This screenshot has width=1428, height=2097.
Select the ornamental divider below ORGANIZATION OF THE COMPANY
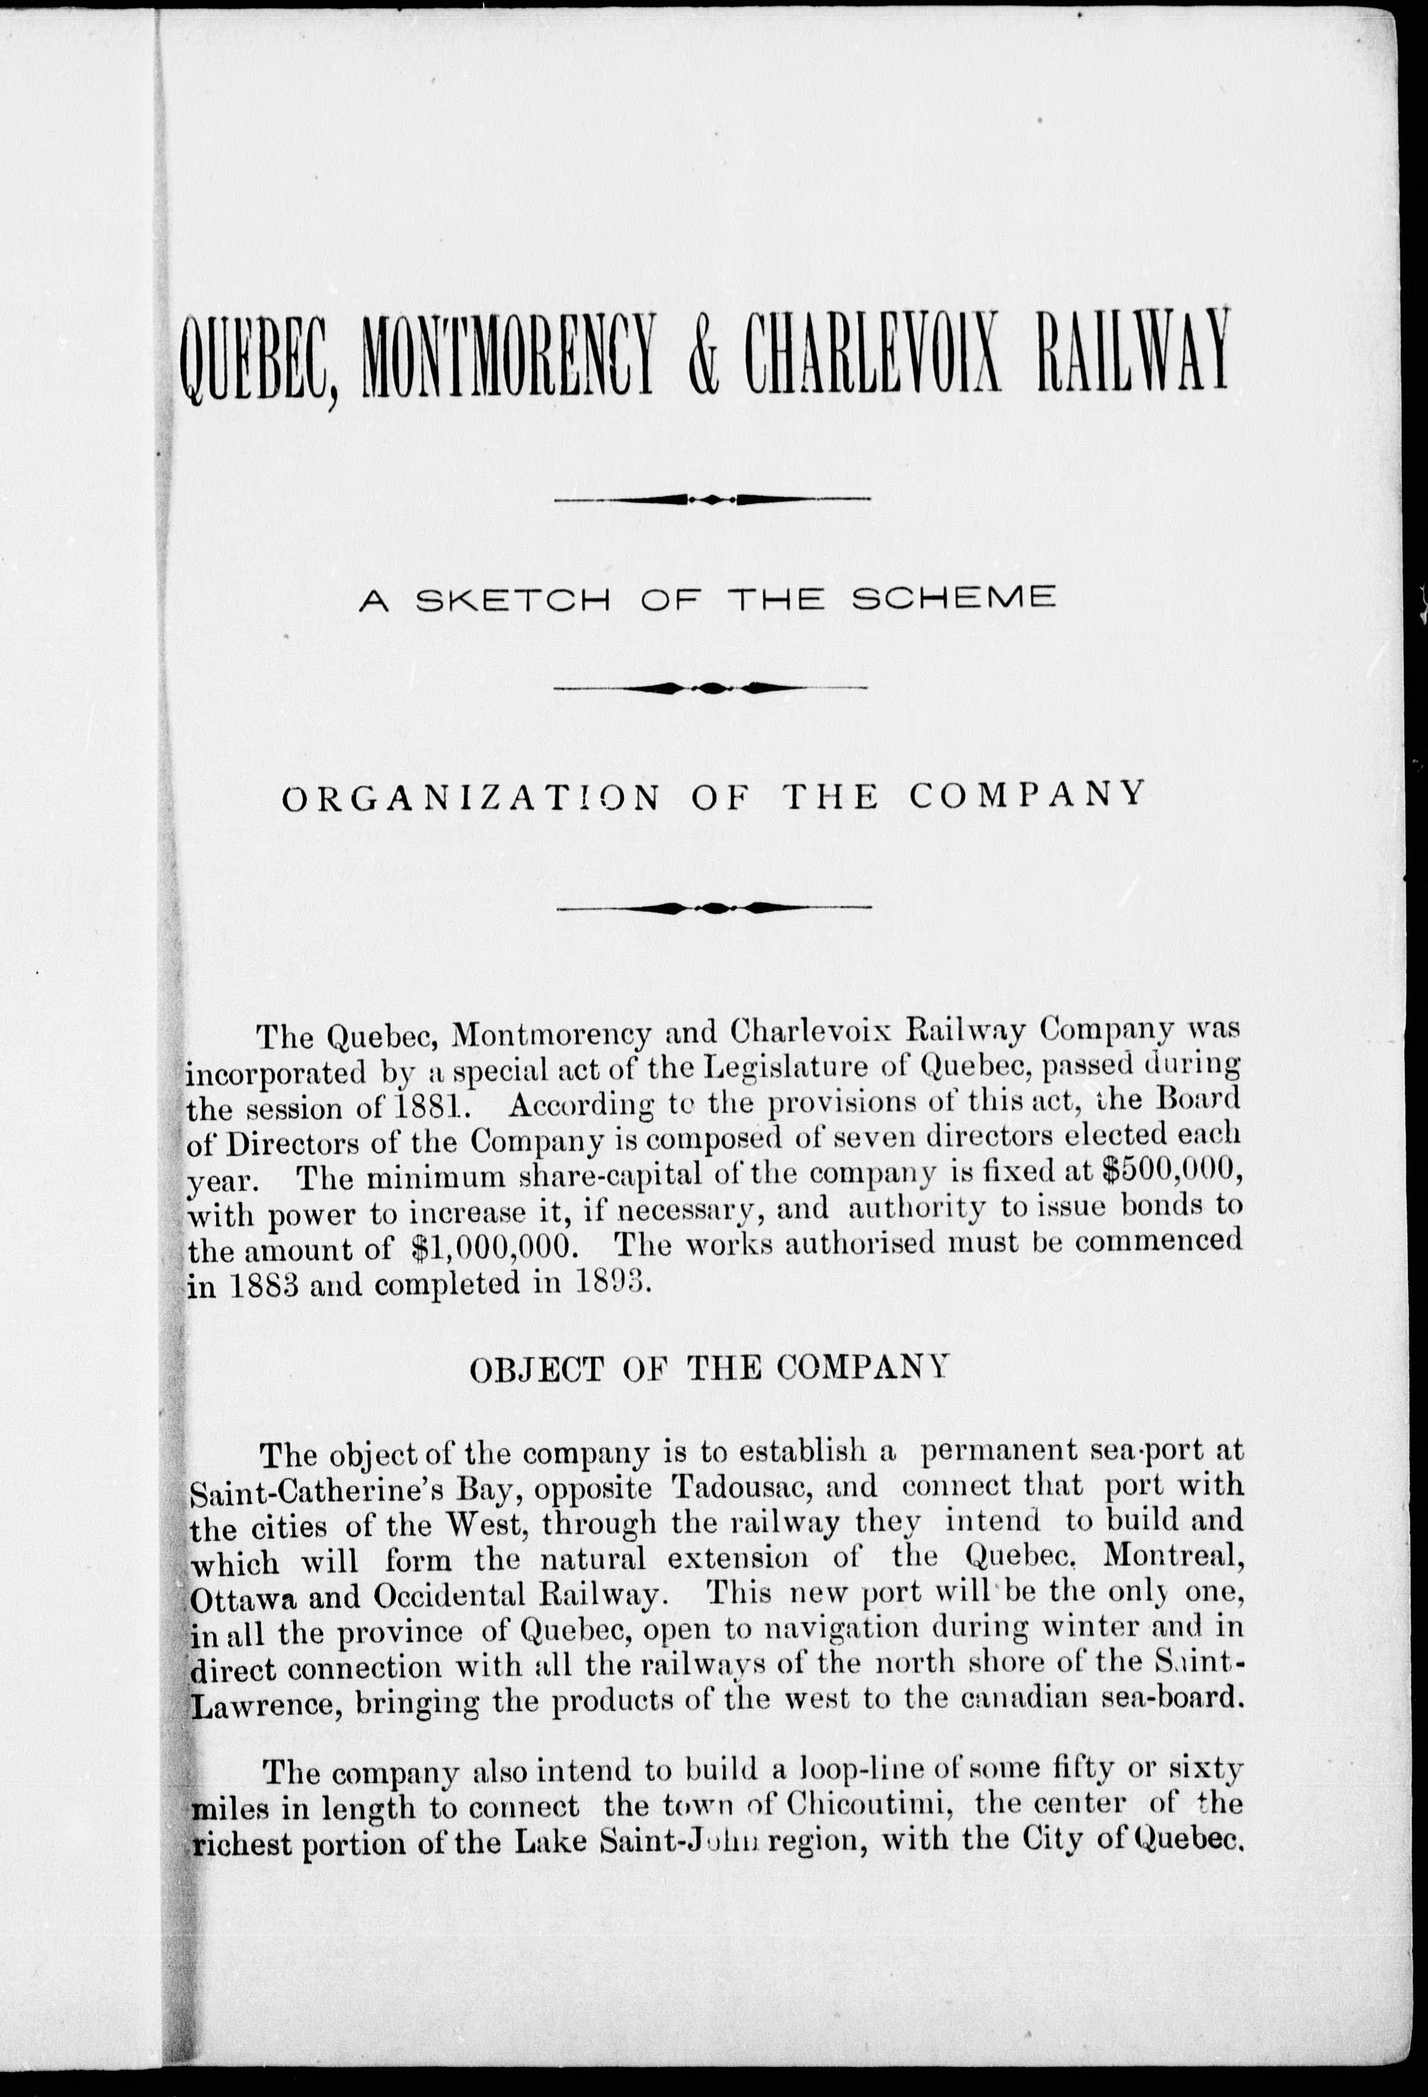(x=713, y=907)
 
